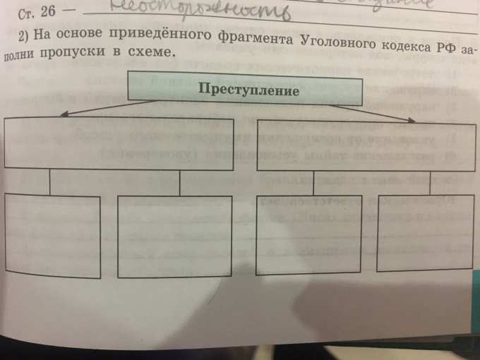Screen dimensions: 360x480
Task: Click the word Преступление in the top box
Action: click(248, 90)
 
